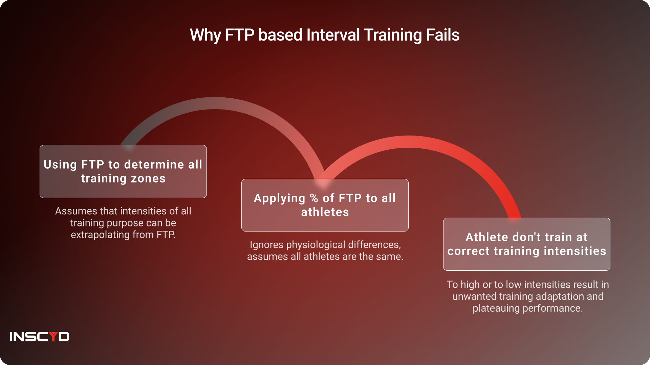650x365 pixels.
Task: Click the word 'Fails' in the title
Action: point(442,35)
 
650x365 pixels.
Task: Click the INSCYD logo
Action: point(40,337)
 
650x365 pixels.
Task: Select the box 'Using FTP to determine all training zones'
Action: point(123,171)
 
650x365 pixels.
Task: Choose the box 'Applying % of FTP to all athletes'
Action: point(325,205)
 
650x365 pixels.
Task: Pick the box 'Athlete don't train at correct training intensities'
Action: point(527,244)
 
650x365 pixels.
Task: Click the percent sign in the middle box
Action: point(314,198)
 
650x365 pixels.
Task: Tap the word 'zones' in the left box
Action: point(148,178)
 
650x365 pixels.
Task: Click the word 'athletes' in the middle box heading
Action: point(325,212)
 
